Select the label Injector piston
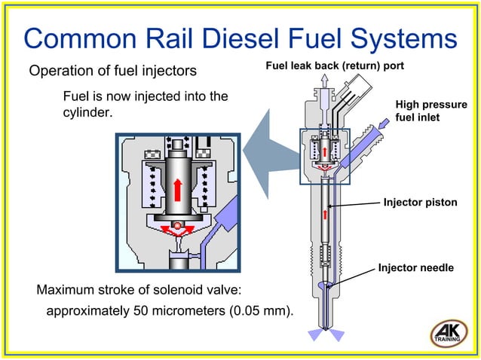click(420, 202)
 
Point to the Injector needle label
click(415, 267)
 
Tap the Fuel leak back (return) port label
click(335, 66)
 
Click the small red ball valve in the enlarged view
click(176, 226)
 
